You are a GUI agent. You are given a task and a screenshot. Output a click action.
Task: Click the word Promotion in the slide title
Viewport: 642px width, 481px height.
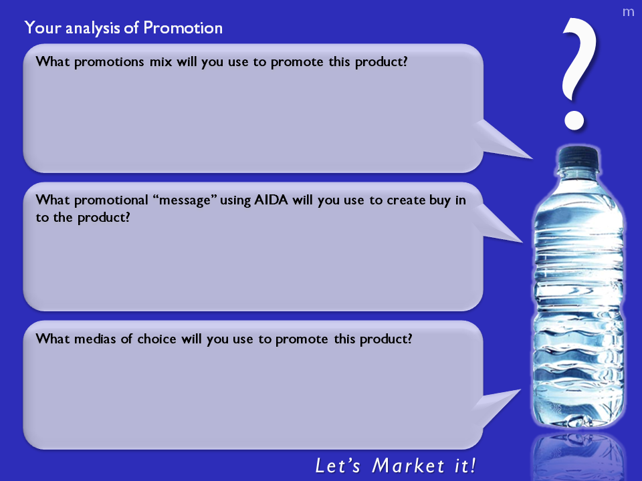pyautogui.click(x=183, y=28)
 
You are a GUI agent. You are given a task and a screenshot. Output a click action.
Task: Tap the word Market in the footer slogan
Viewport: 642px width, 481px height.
pyautogui.click(x=408, y=466)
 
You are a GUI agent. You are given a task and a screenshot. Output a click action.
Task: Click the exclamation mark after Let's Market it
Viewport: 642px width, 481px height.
pyautogui.click(x=473, y=466)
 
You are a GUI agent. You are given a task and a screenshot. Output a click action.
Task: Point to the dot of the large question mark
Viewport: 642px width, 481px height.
pyautogui.click(x=574, y=120)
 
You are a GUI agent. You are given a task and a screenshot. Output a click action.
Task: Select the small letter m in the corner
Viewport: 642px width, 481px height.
pyautogui.click(x=628, y=12)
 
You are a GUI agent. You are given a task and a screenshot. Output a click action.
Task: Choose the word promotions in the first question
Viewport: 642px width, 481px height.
pyautogui.click(x=109, y=62)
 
